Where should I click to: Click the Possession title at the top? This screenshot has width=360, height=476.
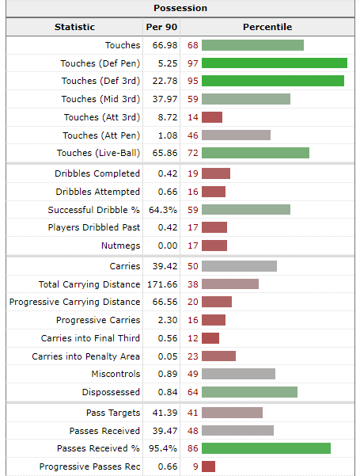point(180,8)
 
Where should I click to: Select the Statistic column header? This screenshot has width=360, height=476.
point(74,27)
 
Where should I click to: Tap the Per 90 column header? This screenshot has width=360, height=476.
point(163,27)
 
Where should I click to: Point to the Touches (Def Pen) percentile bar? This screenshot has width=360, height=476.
point(274,63)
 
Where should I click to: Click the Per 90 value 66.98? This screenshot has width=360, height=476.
point(163,45)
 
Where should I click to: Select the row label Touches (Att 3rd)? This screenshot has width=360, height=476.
point(101,117)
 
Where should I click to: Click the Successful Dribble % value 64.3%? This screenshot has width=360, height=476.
point(163,210)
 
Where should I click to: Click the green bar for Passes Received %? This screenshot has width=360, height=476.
point(266,448)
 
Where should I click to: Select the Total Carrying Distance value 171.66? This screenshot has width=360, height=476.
point(163,284)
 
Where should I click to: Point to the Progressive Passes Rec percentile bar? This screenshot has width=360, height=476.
point(209,466)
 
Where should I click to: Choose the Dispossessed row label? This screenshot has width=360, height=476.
point(111,392)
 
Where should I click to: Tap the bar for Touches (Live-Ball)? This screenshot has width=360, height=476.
point(255,153)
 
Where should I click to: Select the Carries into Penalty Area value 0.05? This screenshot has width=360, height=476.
point(163,356)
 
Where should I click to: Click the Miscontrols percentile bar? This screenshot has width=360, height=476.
point(238,374)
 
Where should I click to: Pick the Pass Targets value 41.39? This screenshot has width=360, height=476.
point(163,413)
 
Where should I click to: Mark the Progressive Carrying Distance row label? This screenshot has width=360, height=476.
point(74,302)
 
